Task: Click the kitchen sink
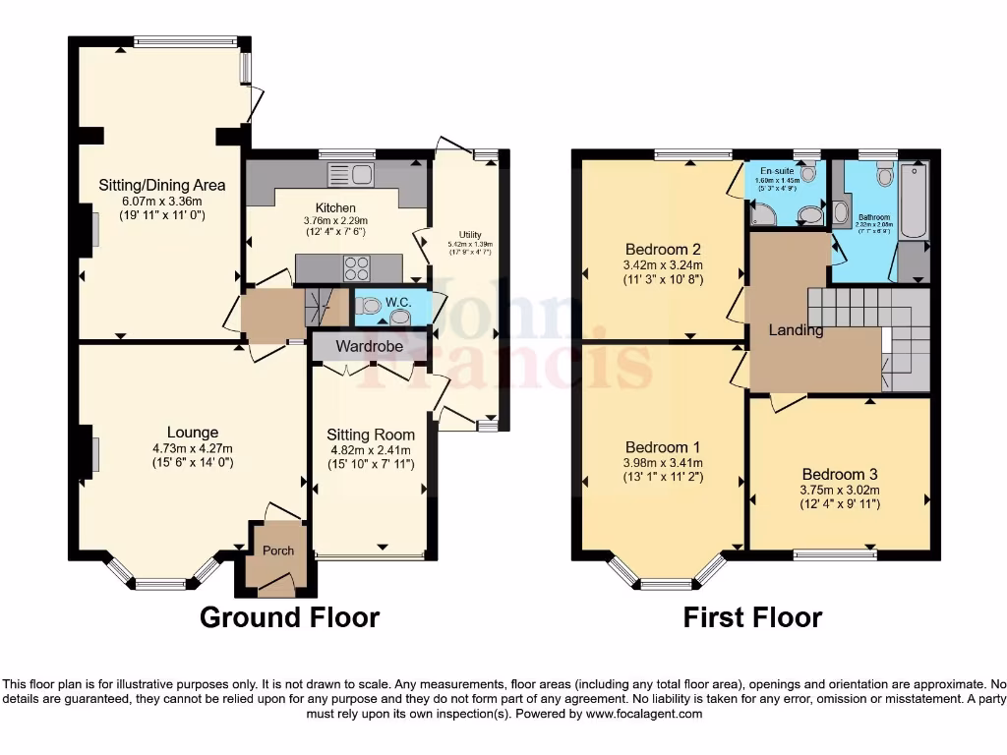click(350, 176)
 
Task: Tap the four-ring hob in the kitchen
click(356, 267)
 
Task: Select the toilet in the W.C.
click(368, 305)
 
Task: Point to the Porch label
click(278, 551)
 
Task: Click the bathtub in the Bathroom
click(914, 202)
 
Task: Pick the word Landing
click(796, 330)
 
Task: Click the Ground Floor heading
click(289, 617)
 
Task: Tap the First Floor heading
click(752, 617)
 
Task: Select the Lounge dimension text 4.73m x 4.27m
click(193, 449)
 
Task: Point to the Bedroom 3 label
click(839, 474)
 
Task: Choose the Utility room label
click(470, 235)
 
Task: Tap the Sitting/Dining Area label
click(161, 185)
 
